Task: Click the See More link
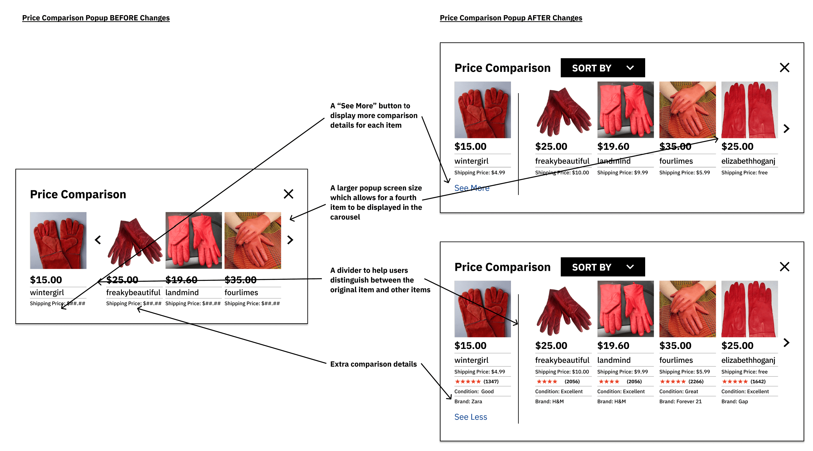coord(472,188)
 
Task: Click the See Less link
coord(470,417)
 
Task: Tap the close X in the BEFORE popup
coord(288,194)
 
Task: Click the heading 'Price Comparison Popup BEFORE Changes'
coord(96,18)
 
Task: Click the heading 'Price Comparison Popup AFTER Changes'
coord(511,18)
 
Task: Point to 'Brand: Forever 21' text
coord(680,402)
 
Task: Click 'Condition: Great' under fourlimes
coord(678,391)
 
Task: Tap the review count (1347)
coord(491,381)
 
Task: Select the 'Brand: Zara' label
coord(468,402)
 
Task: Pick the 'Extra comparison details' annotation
coord(373,364)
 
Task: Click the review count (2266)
coord(695,381)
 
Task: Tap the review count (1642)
coord(758,381)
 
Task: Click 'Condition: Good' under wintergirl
coord(473,391)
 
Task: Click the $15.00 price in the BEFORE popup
coord(46,280)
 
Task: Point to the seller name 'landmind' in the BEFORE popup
coord(182,293)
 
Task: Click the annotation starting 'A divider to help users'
coord(380,280)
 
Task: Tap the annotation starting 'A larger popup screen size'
coord(376,202)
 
